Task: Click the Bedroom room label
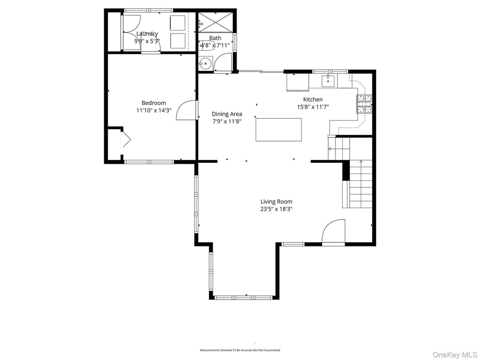(154, 103)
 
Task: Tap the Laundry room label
(147, 34)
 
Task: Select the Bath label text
(215, 38)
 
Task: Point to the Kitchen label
(313, 100)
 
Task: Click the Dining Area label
(227, 114)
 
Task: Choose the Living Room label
(276, 202)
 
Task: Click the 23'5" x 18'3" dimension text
(276, 209)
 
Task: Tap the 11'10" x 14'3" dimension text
(154, 111)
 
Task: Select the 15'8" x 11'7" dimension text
(313, 107)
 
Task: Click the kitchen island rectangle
(279, 130)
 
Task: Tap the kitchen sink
(328, 81)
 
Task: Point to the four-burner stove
(364, 104)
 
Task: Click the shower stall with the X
(215, 22)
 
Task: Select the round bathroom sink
(205, 64)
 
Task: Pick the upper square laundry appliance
(178, 23)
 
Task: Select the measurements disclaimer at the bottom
(240, 350)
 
